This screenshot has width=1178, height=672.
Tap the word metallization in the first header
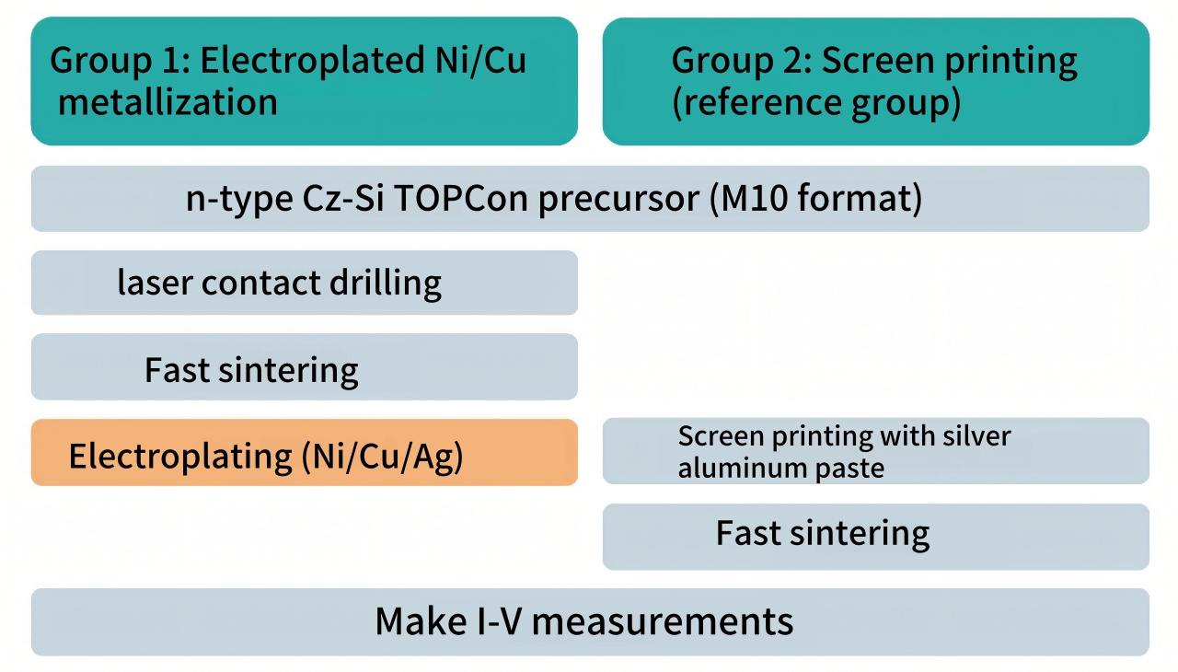point(167,101)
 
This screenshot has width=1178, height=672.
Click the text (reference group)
point(816,102)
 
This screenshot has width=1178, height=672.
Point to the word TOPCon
point(461,198)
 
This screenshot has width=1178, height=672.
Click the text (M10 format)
point(815,199)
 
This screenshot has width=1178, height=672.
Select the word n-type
point(239,200)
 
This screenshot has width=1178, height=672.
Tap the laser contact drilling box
point(305,283)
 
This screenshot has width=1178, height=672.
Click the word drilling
point(386,284)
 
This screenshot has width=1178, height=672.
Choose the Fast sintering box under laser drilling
point(305,367)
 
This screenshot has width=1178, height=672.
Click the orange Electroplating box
point(305,452)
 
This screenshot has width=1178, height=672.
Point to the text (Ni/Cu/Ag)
point(382,457)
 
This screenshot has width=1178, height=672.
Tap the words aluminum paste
point(781,468)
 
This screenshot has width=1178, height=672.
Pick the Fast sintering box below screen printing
point(876,537)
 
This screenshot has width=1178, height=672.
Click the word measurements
point(663,621)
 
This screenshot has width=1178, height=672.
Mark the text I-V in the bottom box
point(500,621)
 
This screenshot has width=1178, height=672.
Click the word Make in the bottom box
point(421,621)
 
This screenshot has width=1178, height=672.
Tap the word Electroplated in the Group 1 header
point(312,61)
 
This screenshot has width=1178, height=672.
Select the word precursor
point(619,200)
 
